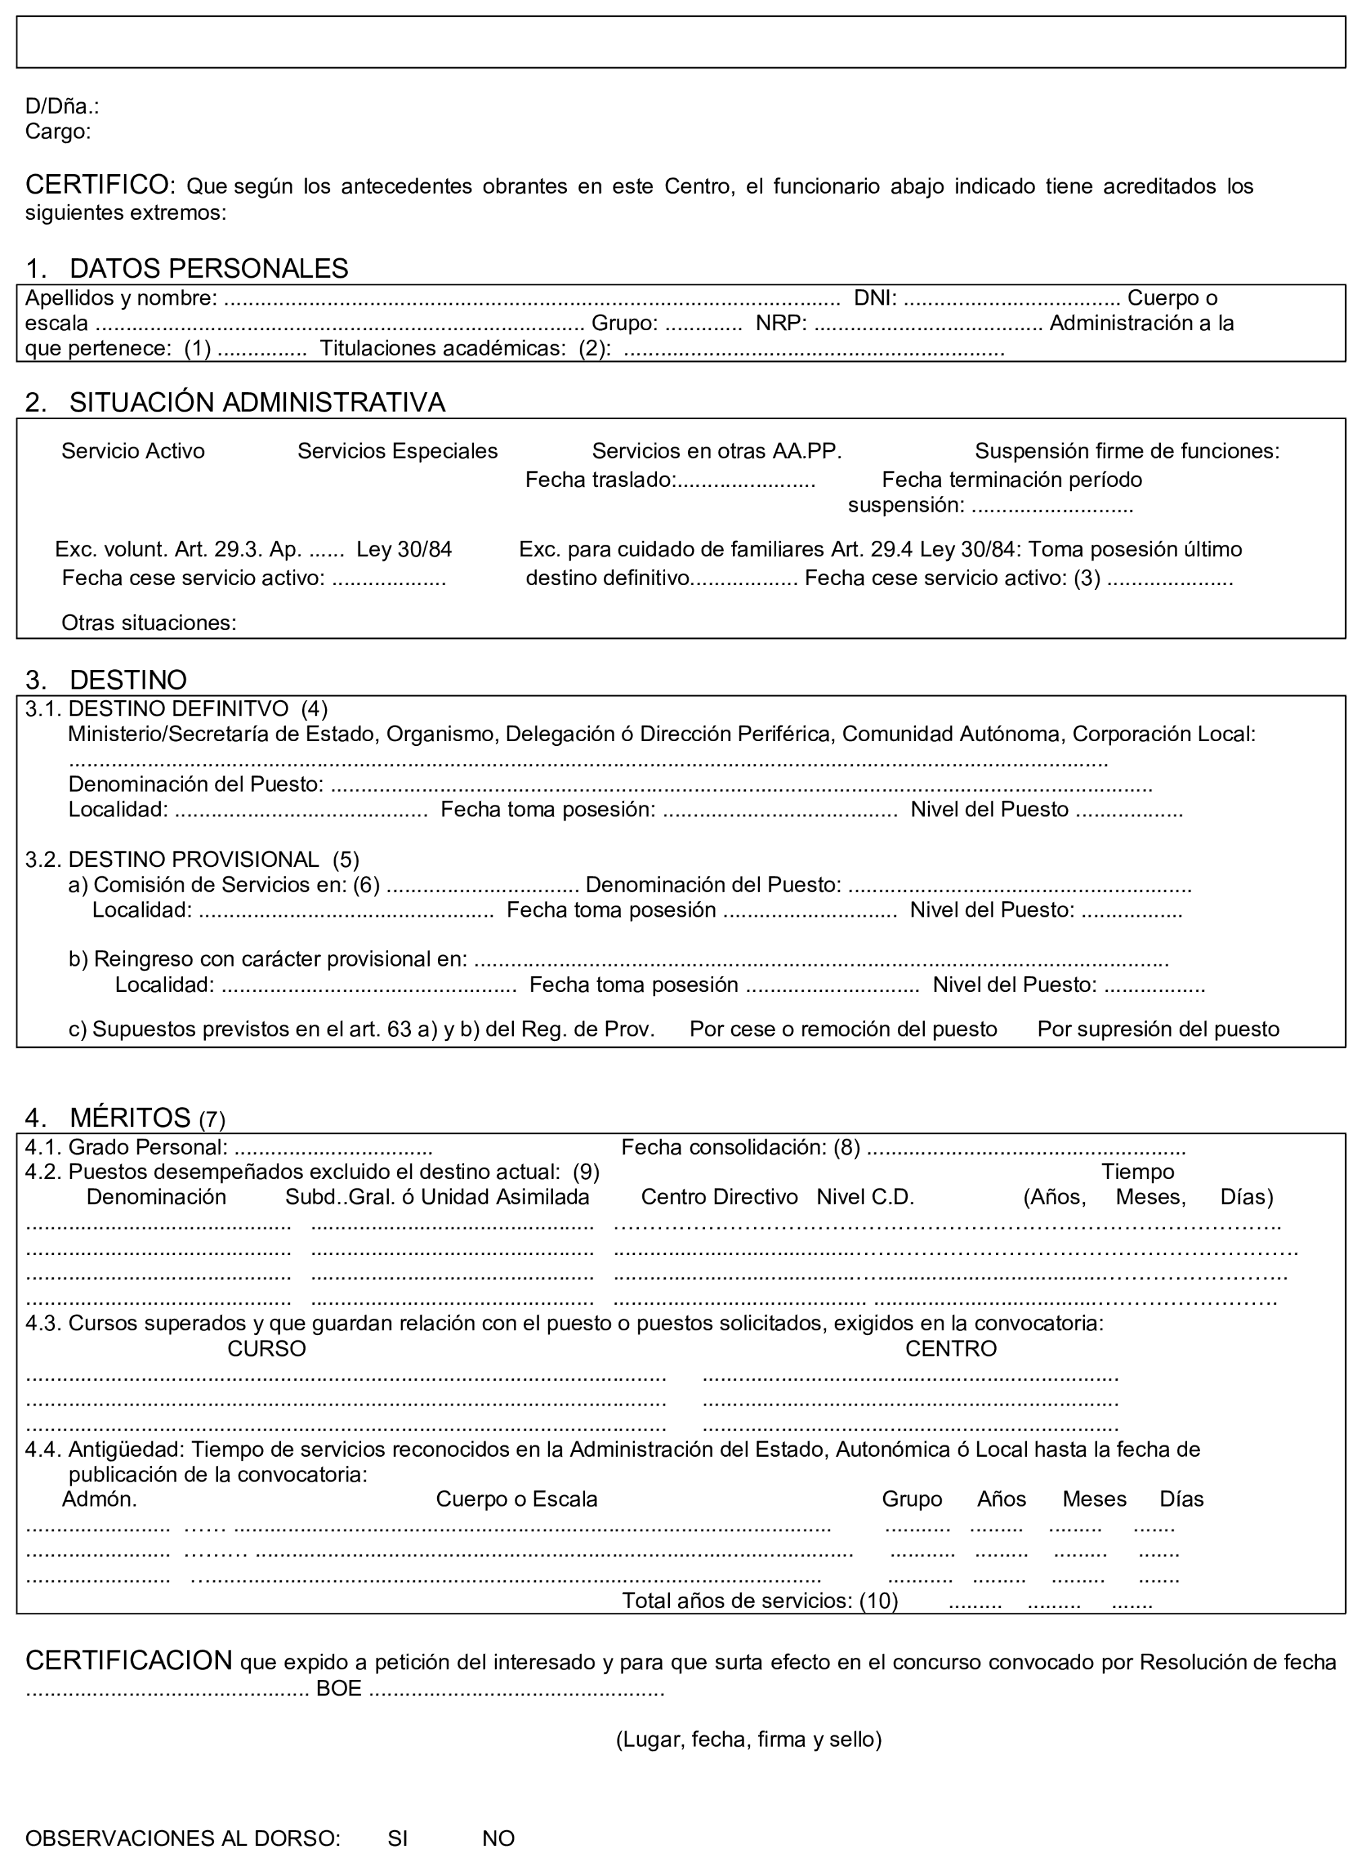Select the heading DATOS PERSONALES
(x=208, y=269)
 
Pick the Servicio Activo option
(x=133, y=451)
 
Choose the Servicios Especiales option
(x=397, y=451)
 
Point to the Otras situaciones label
(x=149, y=623)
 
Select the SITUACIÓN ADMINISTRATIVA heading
(x=256, y=403)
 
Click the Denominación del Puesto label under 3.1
(x=196, y=784)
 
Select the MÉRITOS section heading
(x=130, y=1118)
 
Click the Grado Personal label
(x=147, y=1147)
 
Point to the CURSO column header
(x=266, y=1348)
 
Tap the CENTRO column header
(x=950, y=1348)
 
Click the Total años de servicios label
(x=759, y=1601)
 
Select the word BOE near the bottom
(x=339, y=1688)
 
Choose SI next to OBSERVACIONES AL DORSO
(x=397, y=1838)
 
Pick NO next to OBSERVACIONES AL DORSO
(x=498, y=1838)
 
